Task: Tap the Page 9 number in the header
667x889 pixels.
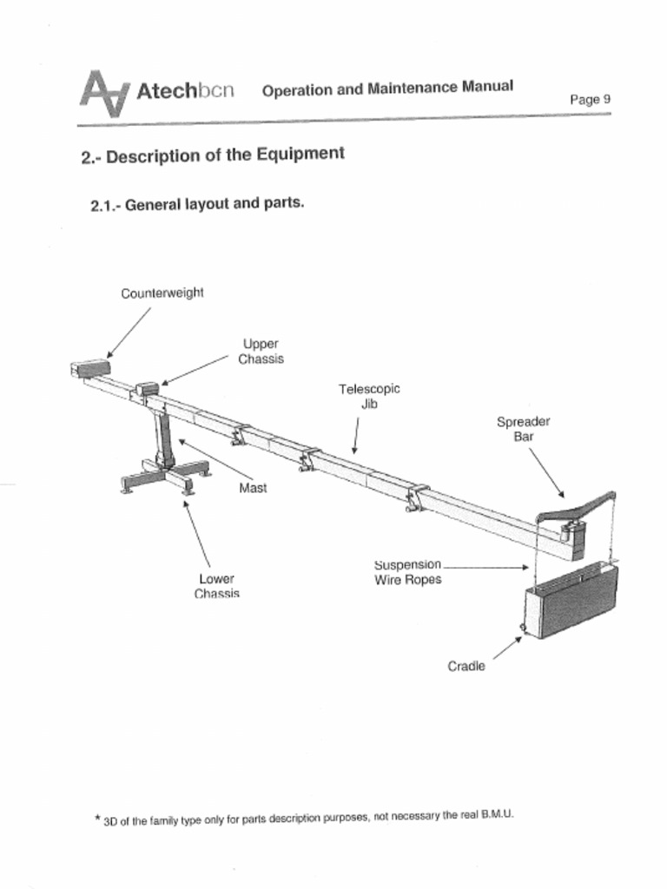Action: coord(590,99)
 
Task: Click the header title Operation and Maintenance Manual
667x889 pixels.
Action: coord(387,89)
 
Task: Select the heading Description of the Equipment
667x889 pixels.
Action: coord(213,155)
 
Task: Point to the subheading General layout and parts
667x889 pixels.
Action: coord(197,206)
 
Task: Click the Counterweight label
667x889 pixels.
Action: coord(162,293)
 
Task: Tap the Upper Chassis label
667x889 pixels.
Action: coord(261,352)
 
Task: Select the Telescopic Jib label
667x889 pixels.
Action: coord(369,396)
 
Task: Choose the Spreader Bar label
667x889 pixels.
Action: coord(523,429)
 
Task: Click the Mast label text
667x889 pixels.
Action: coord(253,488)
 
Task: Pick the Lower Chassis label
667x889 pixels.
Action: coord(216,586)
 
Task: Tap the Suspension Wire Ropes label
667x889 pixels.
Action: coord(408,572)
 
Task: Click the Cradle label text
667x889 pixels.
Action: coord(466,666)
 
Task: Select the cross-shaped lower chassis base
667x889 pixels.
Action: coord(166,477)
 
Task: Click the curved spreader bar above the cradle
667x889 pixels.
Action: coord(578,508)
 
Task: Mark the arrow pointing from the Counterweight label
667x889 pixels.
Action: coord(129,333)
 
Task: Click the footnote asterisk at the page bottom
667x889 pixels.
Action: coord(97,818)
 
